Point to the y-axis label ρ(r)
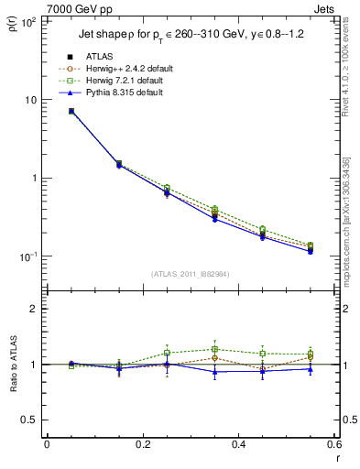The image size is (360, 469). point(15,25)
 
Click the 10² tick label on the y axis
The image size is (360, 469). point(27,22)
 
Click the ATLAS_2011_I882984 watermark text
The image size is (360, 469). point(191,275)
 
